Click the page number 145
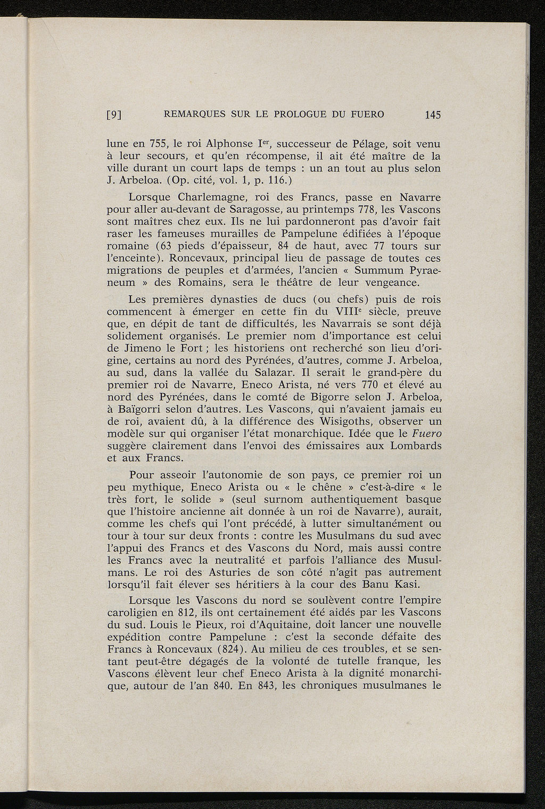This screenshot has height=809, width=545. [433, 114]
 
